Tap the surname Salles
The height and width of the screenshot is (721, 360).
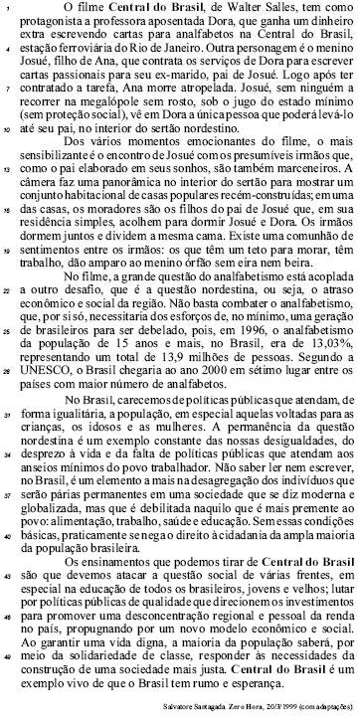point(288,9)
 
